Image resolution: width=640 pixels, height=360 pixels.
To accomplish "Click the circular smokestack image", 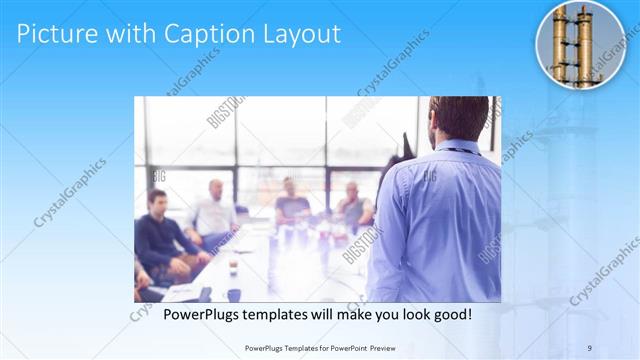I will coord(581,44).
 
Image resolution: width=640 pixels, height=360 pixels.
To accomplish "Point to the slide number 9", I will coord(589,347).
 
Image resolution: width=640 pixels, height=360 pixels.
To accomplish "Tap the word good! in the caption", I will coord(451,313).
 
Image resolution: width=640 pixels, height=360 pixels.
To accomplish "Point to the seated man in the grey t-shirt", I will coord(291,203).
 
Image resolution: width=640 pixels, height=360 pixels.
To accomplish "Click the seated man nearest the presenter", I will coord(353,205).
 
